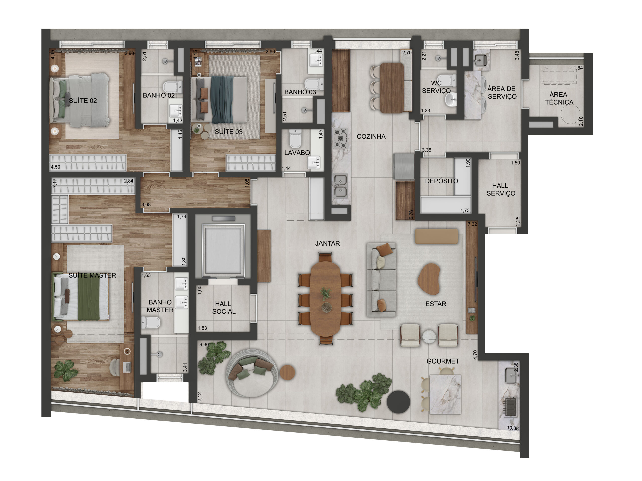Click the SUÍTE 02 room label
(83, 101)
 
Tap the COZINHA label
(371, 136)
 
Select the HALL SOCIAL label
(223, 307)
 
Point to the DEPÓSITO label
(441, 181)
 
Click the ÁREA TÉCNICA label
(559, 98)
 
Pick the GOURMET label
(443, 361)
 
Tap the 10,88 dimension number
(513, 428)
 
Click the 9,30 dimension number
(204, 344)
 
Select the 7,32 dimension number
(472, 224)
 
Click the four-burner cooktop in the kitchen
(341, 138)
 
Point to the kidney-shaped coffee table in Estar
(429, 279)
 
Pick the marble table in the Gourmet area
(445, 395)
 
